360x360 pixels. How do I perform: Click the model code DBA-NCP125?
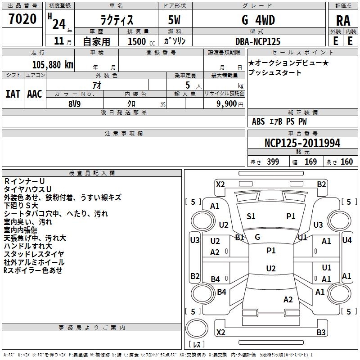point(258,41)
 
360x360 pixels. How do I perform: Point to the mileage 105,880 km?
point(53,64)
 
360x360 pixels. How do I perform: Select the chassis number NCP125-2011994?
point(302,143)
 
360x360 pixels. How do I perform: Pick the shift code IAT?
point(13,94)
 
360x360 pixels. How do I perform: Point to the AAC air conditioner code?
point(35,94)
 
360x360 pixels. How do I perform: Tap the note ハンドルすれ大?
point(27,246)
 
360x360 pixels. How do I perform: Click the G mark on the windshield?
point(257,237)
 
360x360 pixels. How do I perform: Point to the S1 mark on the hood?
point(251,216)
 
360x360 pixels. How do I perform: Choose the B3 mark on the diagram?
point(321,333)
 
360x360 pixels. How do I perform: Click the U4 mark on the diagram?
point(346,240)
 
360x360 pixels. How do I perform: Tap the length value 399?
point(273,162)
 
